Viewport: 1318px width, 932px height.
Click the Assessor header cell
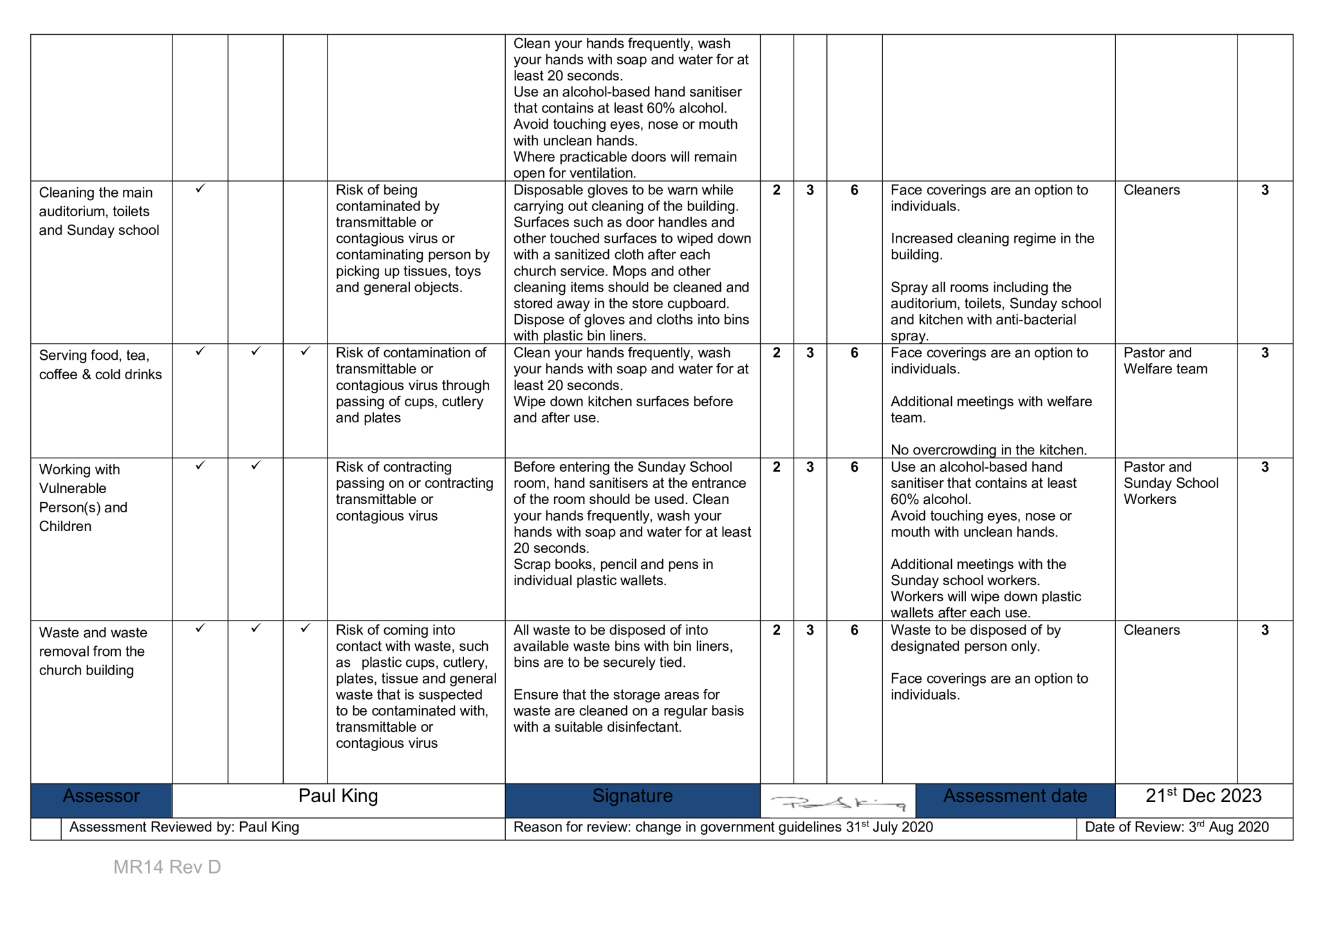(101, 797)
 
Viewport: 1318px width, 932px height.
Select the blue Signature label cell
(632, 797)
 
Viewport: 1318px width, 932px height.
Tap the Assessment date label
(1015, 797)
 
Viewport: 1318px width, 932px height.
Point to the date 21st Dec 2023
(1203, 796)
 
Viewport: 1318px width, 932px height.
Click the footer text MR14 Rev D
(167, 868)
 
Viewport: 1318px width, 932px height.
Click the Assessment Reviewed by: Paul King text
(184, 828)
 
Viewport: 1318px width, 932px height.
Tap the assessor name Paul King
(338, 797)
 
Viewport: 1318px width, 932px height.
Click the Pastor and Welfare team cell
(1165, 361)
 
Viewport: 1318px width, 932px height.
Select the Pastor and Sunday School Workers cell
(1171, 483)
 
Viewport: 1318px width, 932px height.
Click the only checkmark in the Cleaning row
(200, 189)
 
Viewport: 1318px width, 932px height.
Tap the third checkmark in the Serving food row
(305, 351)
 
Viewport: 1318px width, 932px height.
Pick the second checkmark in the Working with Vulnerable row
(255, 465)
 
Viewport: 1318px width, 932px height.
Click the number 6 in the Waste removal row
(854, 631)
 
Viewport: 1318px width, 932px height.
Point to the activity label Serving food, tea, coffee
(100, 365)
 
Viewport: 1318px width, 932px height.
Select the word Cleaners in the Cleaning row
(1151, 191)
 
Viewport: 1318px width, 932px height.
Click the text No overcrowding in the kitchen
(988, 451)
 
